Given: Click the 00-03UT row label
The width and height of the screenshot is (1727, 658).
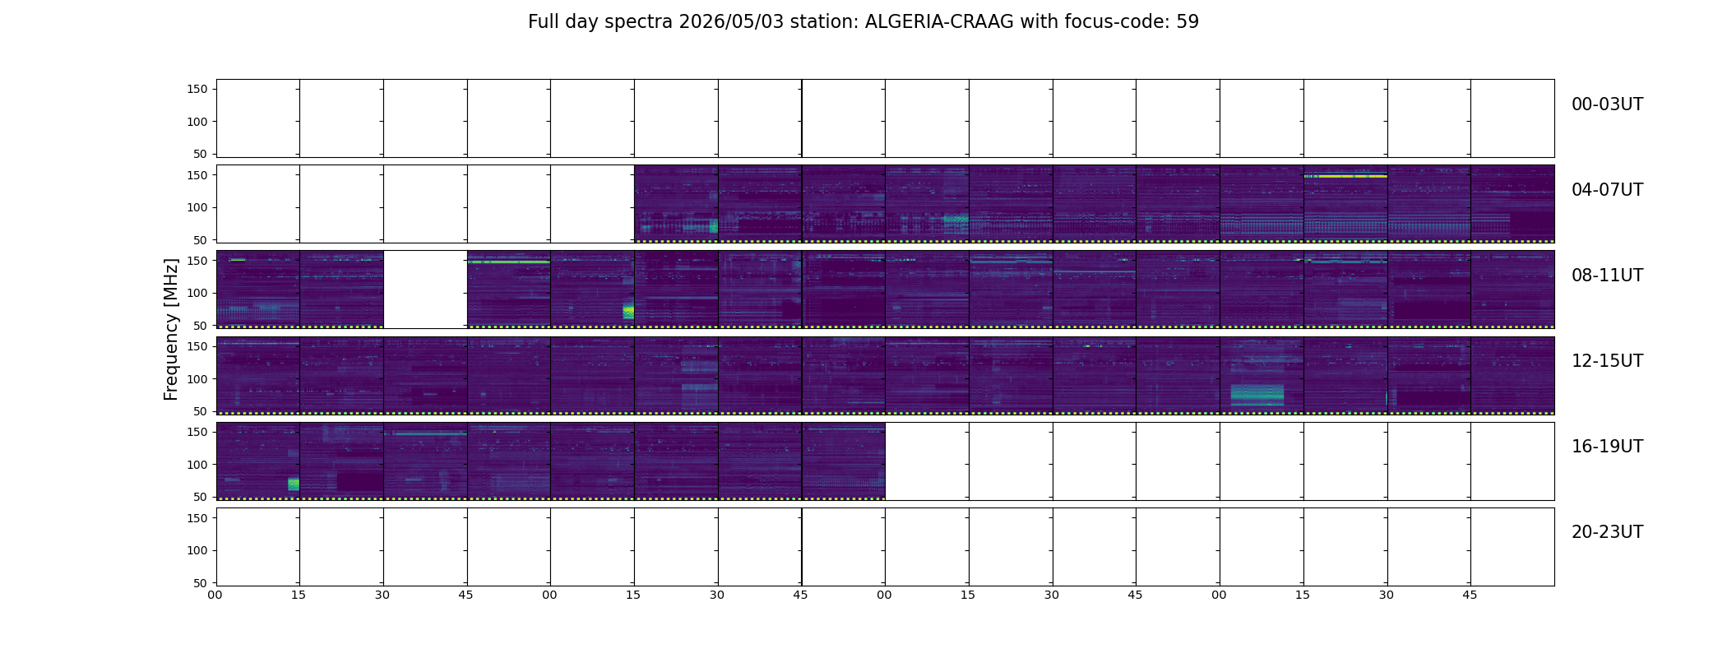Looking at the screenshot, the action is [1607, 104].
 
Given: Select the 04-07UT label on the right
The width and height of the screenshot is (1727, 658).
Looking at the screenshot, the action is [1607, 190].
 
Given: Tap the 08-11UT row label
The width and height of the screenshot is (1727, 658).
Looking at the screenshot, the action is [1607, 276].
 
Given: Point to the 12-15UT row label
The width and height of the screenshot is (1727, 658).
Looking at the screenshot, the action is [1607, 361].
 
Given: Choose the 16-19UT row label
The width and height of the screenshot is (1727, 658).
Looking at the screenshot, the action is [1607, 447].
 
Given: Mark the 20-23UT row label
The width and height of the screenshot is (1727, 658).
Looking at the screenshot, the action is [1607, 532].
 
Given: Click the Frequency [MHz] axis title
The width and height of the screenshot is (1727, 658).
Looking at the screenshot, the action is [171, 329].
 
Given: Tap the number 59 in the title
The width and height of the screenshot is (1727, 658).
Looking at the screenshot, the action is [1188, 21].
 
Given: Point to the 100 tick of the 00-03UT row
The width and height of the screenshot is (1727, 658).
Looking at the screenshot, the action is [197, 122].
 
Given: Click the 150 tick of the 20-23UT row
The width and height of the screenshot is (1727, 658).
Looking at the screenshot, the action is [197, 518].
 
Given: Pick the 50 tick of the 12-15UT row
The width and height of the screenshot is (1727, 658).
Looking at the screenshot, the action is [201, 411].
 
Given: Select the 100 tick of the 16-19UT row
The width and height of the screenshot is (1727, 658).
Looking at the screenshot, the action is [197, 465].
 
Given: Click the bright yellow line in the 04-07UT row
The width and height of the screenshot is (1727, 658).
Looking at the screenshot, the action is [1345, 176].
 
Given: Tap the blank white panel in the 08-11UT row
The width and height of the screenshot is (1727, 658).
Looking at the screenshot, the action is [425, 290].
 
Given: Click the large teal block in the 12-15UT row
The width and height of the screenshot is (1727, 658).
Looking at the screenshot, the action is [1257, 395].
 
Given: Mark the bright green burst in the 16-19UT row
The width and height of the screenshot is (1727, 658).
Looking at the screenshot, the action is [294, 484].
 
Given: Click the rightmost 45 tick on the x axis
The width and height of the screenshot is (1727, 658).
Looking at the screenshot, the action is [1470, 595].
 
